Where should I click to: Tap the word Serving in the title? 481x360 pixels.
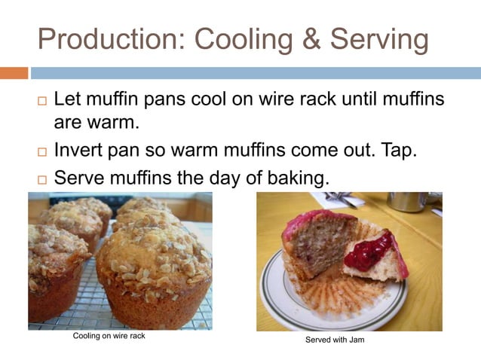click(x=377, y=39)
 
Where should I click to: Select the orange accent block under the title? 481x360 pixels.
click(x=14, y=73)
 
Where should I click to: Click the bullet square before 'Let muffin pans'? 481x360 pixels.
click(x=41, y=100)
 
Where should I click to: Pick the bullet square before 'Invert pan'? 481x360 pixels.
click(x=41, y=151)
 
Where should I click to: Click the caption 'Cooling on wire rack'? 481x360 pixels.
click(x=109, y=336)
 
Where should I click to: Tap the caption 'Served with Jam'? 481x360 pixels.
click(x=335, y=340)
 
